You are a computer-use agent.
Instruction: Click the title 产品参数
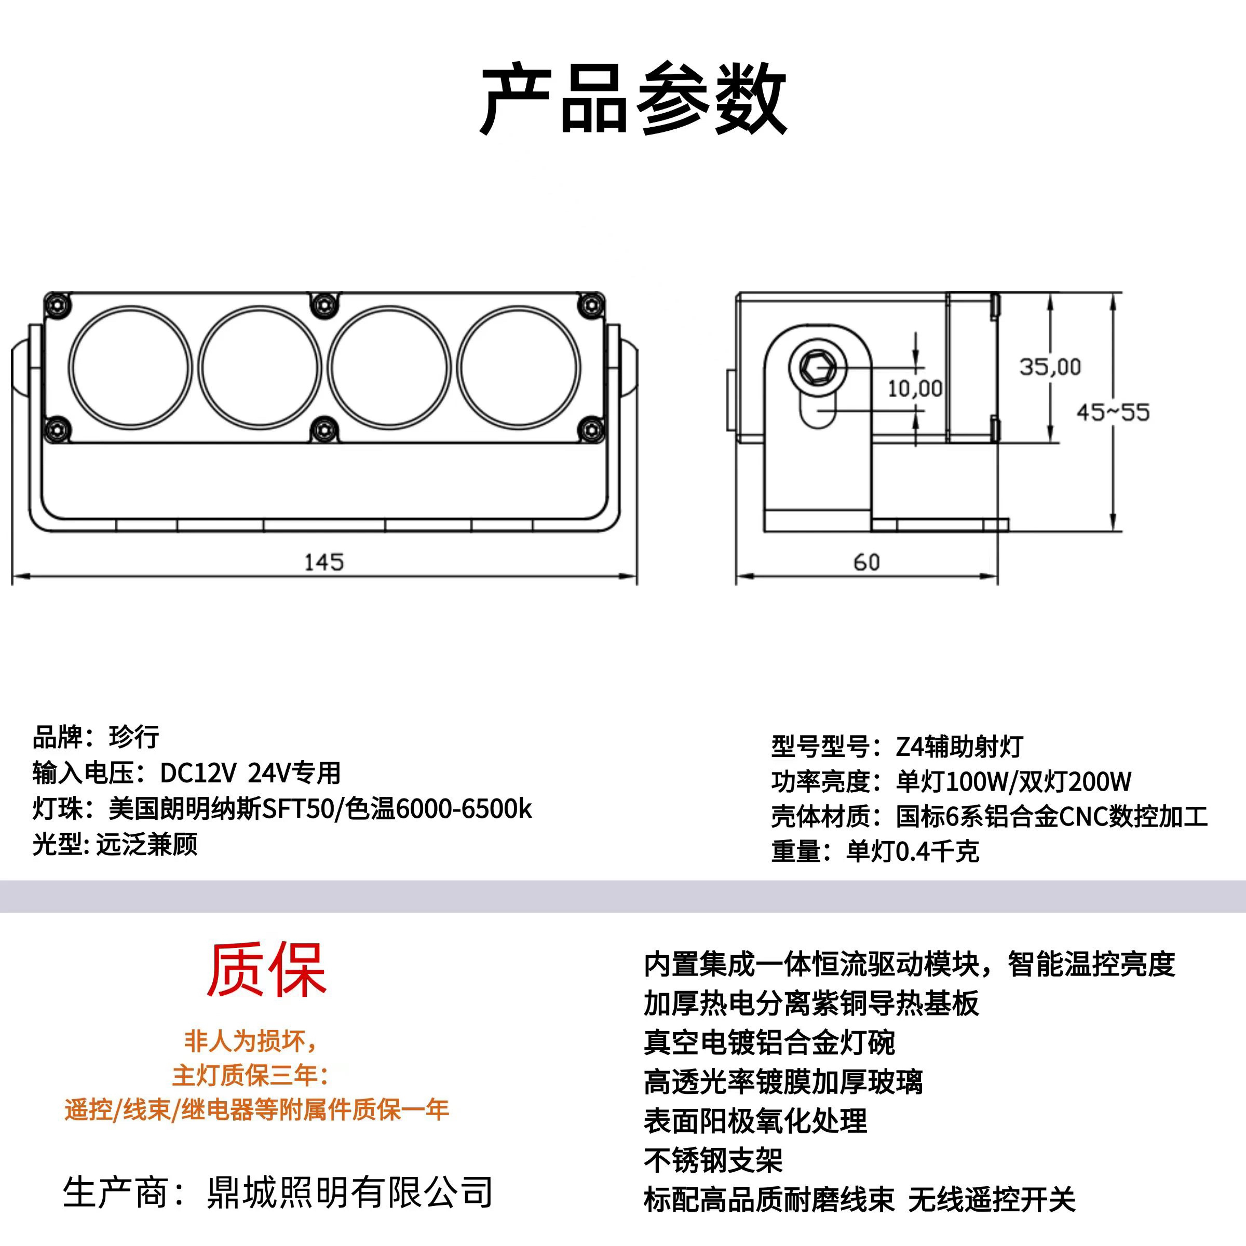(x=634, y=99)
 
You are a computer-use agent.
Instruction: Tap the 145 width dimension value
(x=324, y=562)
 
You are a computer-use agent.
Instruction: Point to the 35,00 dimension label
(x=1050, y=367)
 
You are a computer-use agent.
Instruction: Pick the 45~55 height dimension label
(x=1113, y=412)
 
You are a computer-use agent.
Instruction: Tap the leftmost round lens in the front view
(x=131, y=368)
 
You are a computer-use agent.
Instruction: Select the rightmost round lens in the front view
(x=519, y=368)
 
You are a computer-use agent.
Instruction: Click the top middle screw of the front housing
(x=324, y=305)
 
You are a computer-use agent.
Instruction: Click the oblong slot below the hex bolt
(x=818, y=410)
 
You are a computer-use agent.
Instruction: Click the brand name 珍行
(x=134, y=737)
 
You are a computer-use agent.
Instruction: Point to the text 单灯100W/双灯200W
(x=1013, y=781)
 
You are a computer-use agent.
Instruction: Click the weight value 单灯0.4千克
(x=913, y=851)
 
